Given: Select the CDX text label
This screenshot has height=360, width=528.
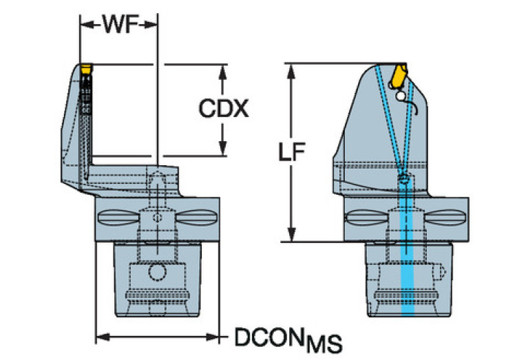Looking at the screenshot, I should (224, 109).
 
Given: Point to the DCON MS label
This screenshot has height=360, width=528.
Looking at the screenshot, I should (288, 339).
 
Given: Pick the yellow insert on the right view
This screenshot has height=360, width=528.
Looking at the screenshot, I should (399, 74).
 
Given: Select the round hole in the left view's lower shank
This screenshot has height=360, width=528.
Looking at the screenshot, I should (158, 273).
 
